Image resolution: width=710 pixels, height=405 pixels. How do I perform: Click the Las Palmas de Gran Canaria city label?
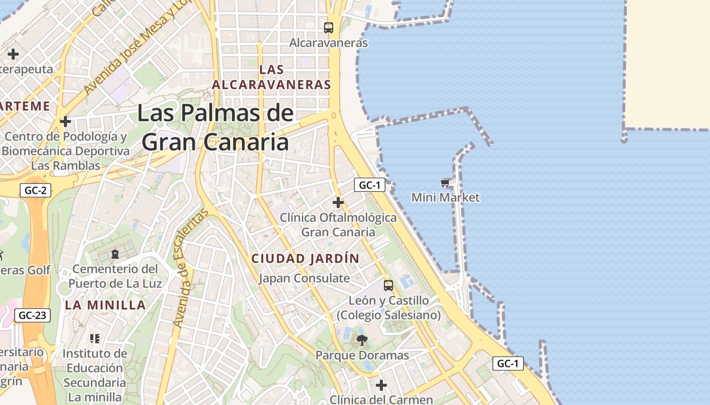tap(216, 128)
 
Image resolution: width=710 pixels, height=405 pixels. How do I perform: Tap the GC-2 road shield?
tap(36, 190)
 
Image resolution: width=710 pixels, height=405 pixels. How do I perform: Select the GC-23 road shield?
tap(32, 315)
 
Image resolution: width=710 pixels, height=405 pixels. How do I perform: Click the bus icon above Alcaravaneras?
tap(329, 28)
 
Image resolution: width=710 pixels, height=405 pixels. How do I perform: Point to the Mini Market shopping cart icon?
tap(445, 183)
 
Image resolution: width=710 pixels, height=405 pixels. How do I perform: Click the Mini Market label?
tap(445, 197)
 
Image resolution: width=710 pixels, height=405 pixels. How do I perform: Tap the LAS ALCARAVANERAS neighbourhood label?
tap(271, 77)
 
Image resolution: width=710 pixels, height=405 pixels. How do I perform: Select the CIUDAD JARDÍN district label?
tap(305, 258)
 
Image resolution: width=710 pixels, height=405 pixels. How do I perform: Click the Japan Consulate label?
tap(304, 278)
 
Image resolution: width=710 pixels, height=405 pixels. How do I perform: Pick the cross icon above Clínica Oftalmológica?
tap(338, 202)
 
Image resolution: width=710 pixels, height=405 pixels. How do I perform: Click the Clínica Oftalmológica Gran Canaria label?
tap(338, 224)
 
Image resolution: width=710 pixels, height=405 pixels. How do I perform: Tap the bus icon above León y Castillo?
tap(388, 285)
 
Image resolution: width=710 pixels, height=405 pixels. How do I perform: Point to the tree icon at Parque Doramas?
tap(362, 340)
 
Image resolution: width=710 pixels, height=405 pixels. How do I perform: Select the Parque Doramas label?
tap(362, 355)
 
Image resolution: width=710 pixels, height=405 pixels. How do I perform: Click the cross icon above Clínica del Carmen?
tap(381, 385)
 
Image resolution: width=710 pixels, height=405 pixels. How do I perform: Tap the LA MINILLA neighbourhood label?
tap(105, 305)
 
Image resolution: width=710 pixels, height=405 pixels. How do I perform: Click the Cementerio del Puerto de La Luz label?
tap(115, 275)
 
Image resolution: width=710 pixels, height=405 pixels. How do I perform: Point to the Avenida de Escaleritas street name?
tap(190, 268)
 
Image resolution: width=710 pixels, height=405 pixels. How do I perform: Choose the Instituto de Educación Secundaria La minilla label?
tap(95, 375)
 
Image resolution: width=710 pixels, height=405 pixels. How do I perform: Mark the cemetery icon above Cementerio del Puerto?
tap(115, 254)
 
